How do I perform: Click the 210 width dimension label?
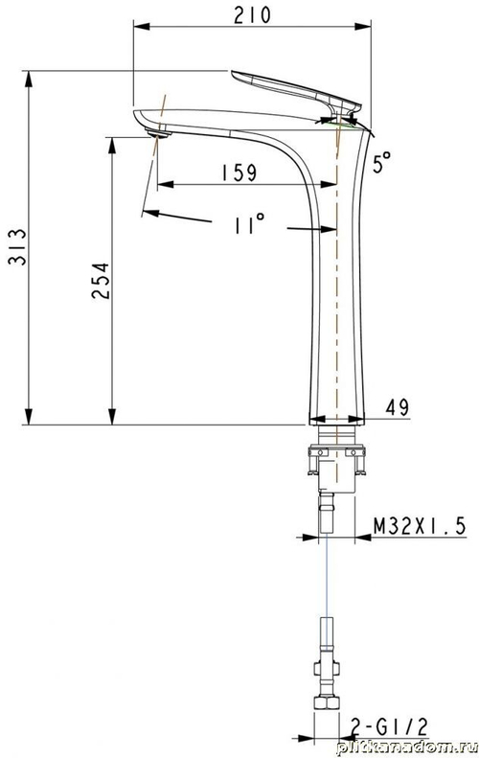[251, 14]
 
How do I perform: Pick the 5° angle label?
[383, 163]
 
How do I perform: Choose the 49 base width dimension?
[398, 407]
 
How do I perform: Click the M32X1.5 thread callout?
[419, 526]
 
